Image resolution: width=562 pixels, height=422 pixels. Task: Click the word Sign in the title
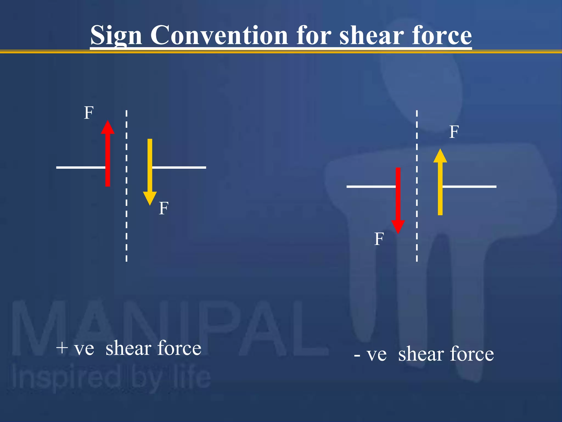tap(116, 36)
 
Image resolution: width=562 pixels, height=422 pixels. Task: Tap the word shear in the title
tap(370, 36)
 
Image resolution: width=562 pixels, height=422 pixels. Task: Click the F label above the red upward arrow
tap(89, 113)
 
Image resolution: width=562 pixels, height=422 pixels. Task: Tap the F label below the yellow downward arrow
tap(164, 208)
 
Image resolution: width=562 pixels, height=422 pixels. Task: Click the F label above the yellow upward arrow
tap(454, 132)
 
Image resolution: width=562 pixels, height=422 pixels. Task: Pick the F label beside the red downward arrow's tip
tap(379, 239)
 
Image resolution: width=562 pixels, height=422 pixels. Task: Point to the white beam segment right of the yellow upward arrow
tap(469, 187)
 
